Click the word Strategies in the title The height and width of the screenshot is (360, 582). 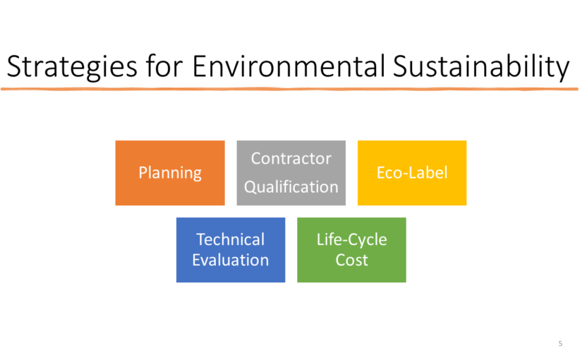pyautogui.click(x=72, y=67)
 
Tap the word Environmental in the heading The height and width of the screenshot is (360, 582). pyautogui.click(x=289, y=66)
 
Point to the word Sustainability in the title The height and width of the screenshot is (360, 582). pyautogui.click(x=481, y=67)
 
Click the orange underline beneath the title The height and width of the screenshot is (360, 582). pyautogui.click(x=289, y=89)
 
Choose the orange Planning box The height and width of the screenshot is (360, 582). pyautogui.click(x=170, y=173)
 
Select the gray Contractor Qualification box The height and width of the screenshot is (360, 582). pyautogui.click(x=291, y=173)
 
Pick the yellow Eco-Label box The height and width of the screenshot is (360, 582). pyautogui.click(x=412, y=173)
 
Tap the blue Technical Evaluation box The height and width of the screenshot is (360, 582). pyautogui.click(x=231, y=250)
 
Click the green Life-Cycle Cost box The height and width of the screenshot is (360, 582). pyautogui.click(x=351, y=250)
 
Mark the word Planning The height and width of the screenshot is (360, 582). pyautogui.click(x=170, y=173)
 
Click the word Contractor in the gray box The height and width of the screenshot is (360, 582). pyautogui.click(x=291, y=159)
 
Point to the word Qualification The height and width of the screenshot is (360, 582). pyautogui.click(x=291, y=187)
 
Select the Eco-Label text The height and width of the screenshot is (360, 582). pyautogui.click(x=412, y=173)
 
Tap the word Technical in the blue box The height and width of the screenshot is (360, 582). pyautogui.click(x=231, y=239)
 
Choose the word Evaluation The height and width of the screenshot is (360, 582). pyautogui.click(x=231, y=260)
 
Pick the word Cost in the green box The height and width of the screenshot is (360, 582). pyautogui.click(x=351, y=260)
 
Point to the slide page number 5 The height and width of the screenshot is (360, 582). pyautogui.click(x=560, y=344)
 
